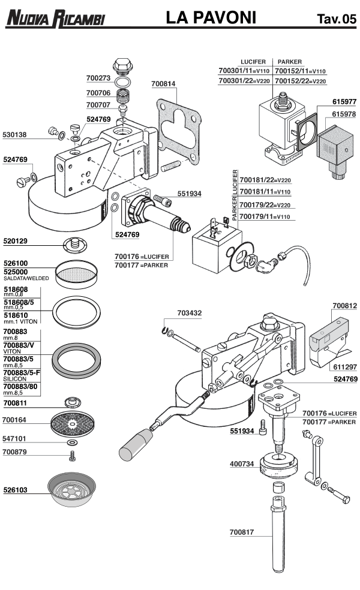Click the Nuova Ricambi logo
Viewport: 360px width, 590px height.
point(55,19)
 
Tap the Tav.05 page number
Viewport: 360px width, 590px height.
point(336,20)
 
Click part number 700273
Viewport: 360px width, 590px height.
point(98,78)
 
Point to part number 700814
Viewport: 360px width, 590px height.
point(164,85)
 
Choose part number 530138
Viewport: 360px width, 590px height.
point(14,135)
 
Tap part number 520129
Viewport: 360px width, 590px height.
point(16,241)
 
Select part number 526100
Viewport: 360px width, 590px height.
point(16,263)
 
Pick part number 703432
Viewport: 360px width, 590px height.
point(190,313)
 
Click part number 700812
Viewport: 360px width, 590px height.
point(344,306)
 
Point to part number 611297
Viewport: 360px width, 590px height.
point(344,366)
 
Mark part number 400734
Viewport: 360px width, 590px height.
point(242,463)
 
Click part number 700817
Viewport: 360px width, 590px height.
point(242,531)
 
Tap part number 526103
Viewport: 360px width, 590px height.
point(16,490)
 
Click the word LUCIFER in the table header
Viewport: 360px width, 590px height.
point(253,62)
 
